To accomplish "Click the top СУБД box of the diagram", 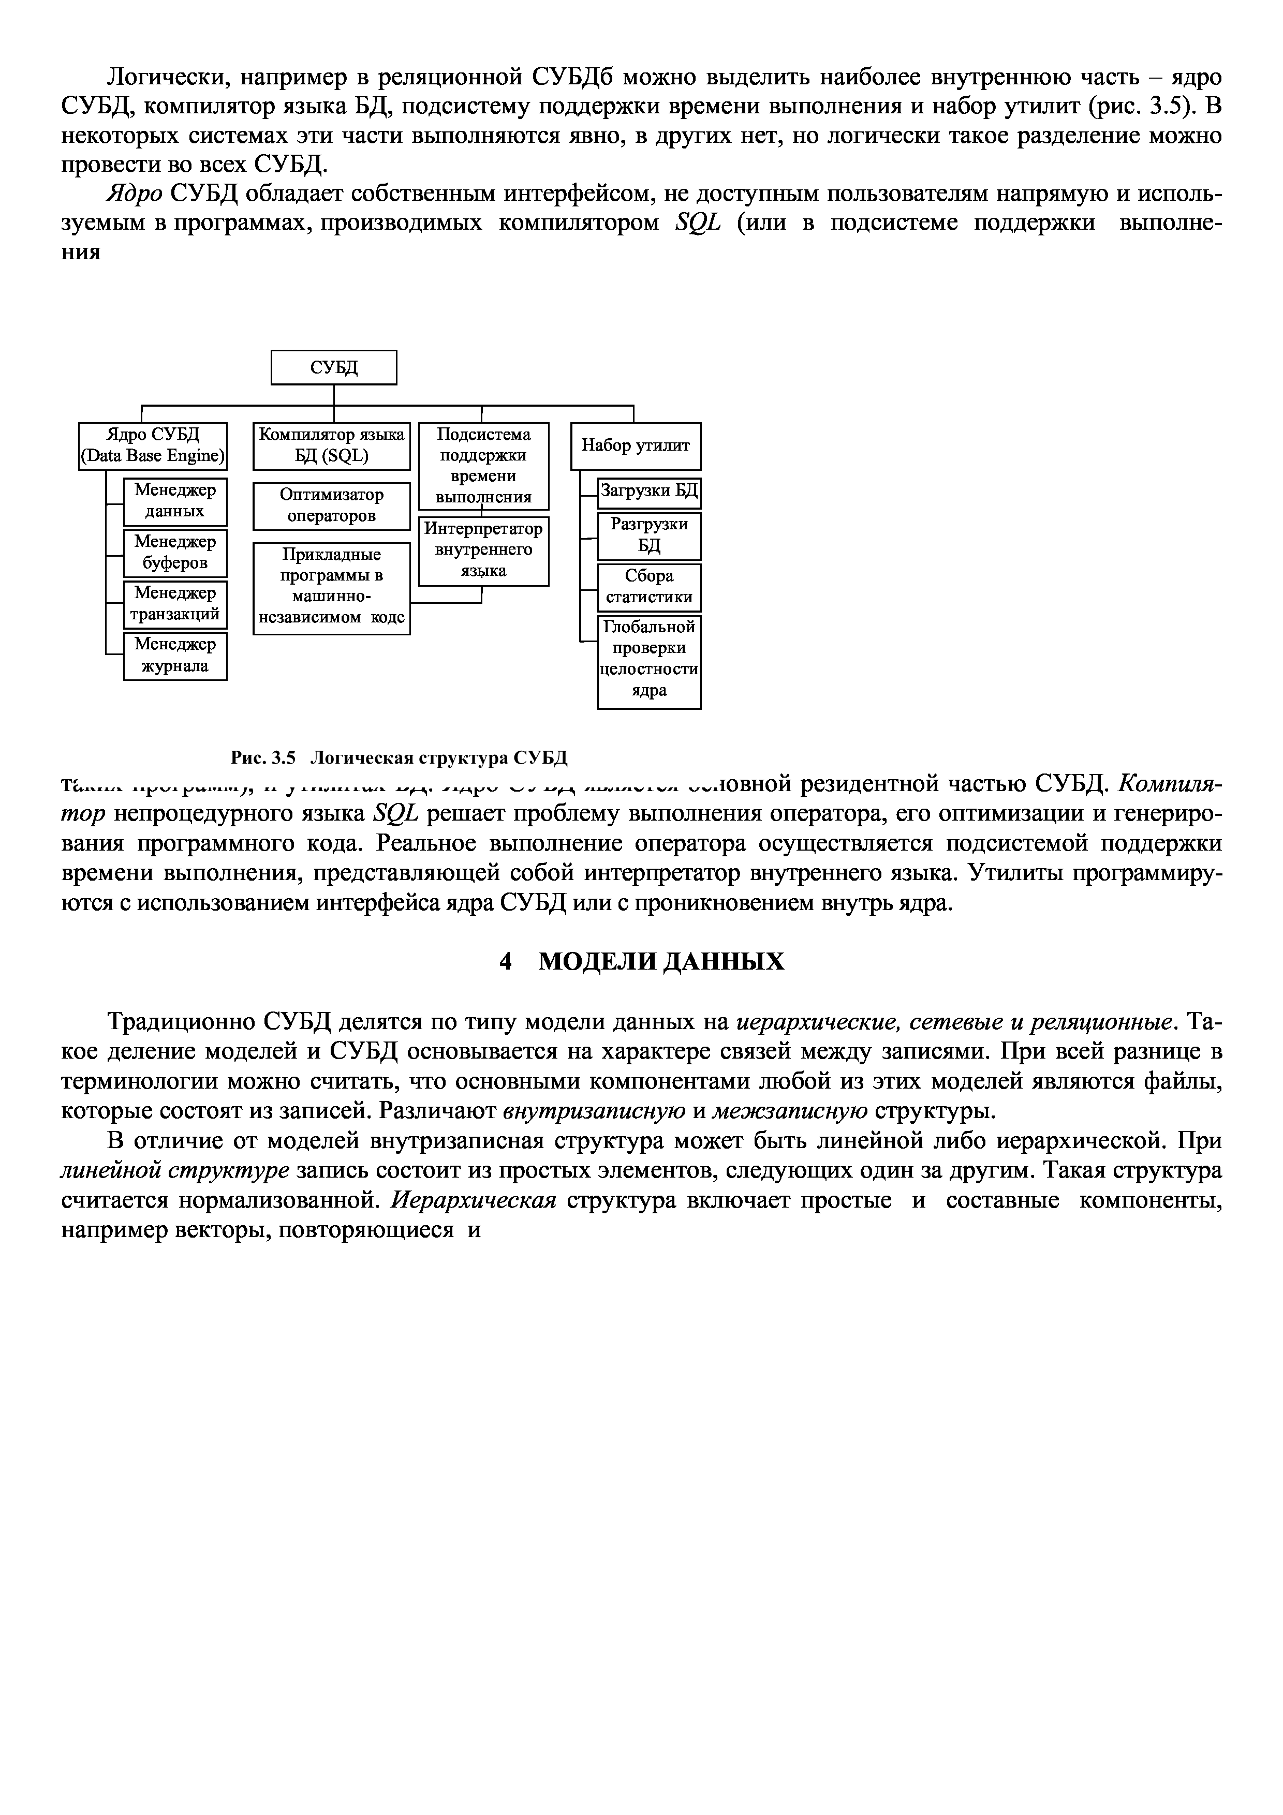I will point(334,367).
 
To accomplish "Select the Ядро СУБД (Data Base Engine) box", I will point(153,446).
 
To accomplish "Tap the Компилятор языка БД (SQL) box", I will point(331,446).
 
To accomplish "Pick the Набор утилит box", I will point(636,446).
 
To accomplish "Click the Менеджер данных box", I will point(175,501).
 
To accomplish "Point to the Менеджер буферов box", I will point(175,553).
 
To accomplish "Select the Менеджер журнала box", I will point(175,656).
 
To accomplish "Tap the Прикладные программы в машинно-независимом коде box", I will point(331,587).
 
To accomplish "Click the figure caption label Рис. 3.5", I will point(262,758).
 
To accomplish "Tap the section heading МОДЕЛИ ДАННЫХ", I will point(661,961).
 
